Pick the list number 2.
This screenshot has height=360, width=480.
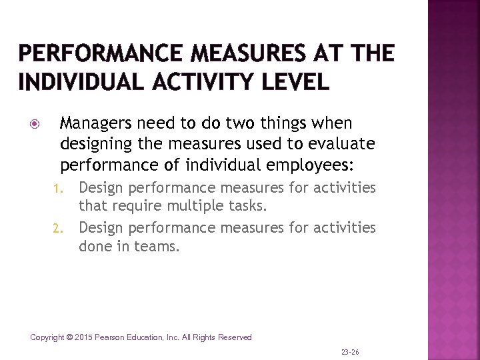57,229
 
